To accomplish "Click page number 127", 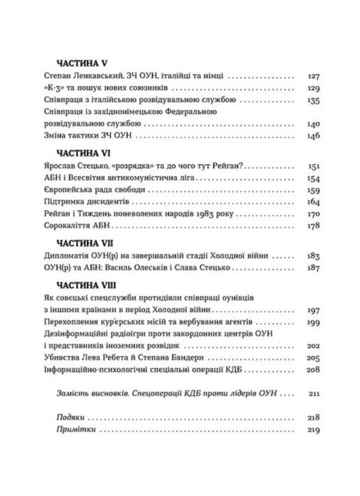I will (313, 77).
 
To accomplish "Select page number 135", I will (313, 101).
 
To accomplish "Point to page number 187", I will (313, 269).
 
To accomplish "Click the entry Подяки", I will (68, 416).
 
